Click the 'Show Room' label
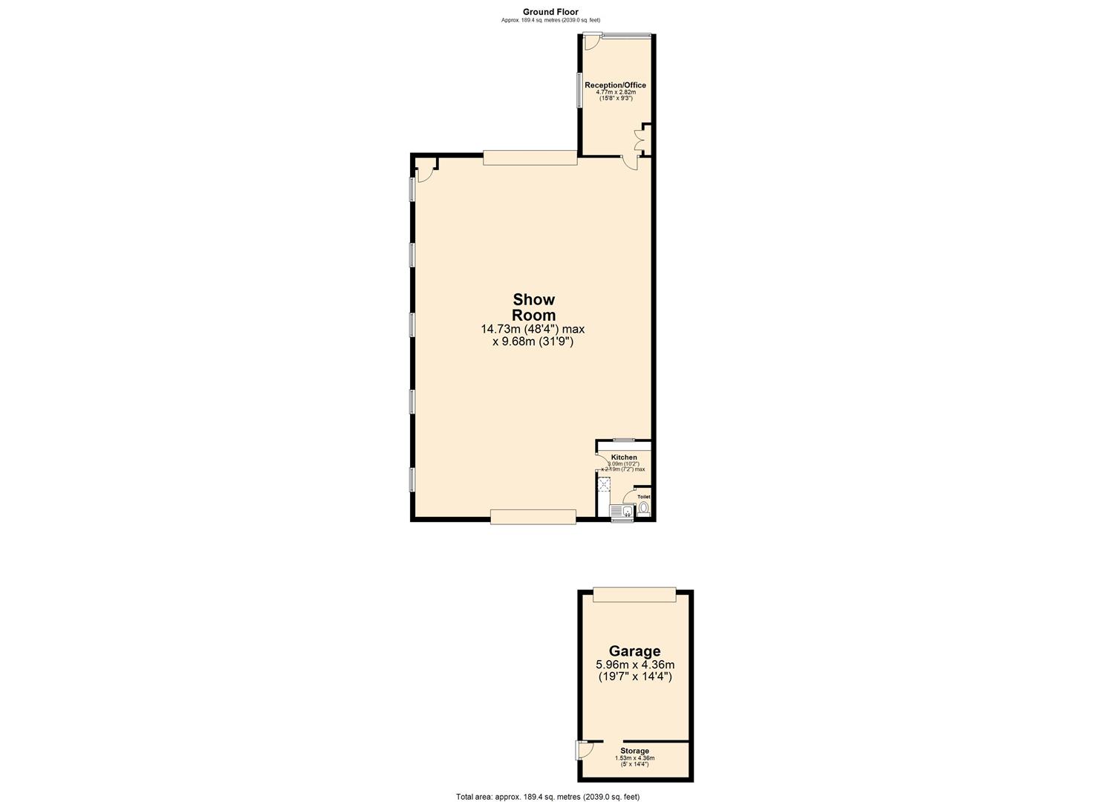[533, 307]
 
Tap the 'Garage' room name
[634, 651]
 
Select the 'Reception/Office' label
[615, 85]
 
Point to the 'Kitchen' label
[624, 457]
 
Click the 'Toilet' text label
[643, 497]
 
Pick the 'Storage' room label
[635, 751]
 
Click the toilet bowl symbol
[643, 509]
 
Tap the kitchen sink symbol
[622, 510]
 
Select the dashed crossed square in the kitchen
[605, 486]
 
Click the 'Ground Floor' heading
[550, 11]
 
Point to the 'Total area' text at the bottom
[547, 796]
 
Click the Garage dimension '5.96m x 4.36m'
[635, 665]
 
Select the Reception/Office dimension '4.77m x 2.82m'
[616, 92]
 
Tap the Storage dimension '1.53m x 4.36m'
[635, 758]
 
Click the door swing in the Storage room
[585, 750]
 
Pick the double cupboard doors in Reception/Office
[640, 140]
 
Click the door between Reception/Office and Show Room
[630, 163]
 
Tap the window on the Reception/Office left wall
[579, 90]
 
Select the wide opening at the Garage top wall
[634, 594]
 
